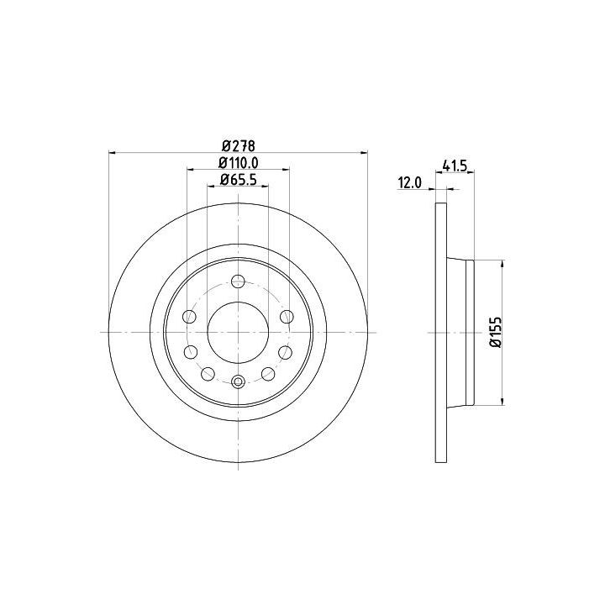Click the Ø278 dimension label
click(x=239, y=146)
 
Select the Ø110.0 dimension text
click(x=238, y=163)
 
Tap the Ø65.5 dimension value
click(x=238, y=180)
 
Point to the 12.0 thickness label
click(x=410, y=182)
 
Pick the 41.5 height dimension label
click(x=455, y=166)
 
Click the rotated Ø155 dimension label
click(x=496, y=332)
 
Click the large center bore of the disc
click(x=238, y=332)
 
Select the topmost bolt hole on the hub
click(x=238, y=281)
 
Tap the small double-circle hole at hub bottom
click(x=238, y=382)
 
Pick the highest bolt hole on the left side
click(x=189, y=317)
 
